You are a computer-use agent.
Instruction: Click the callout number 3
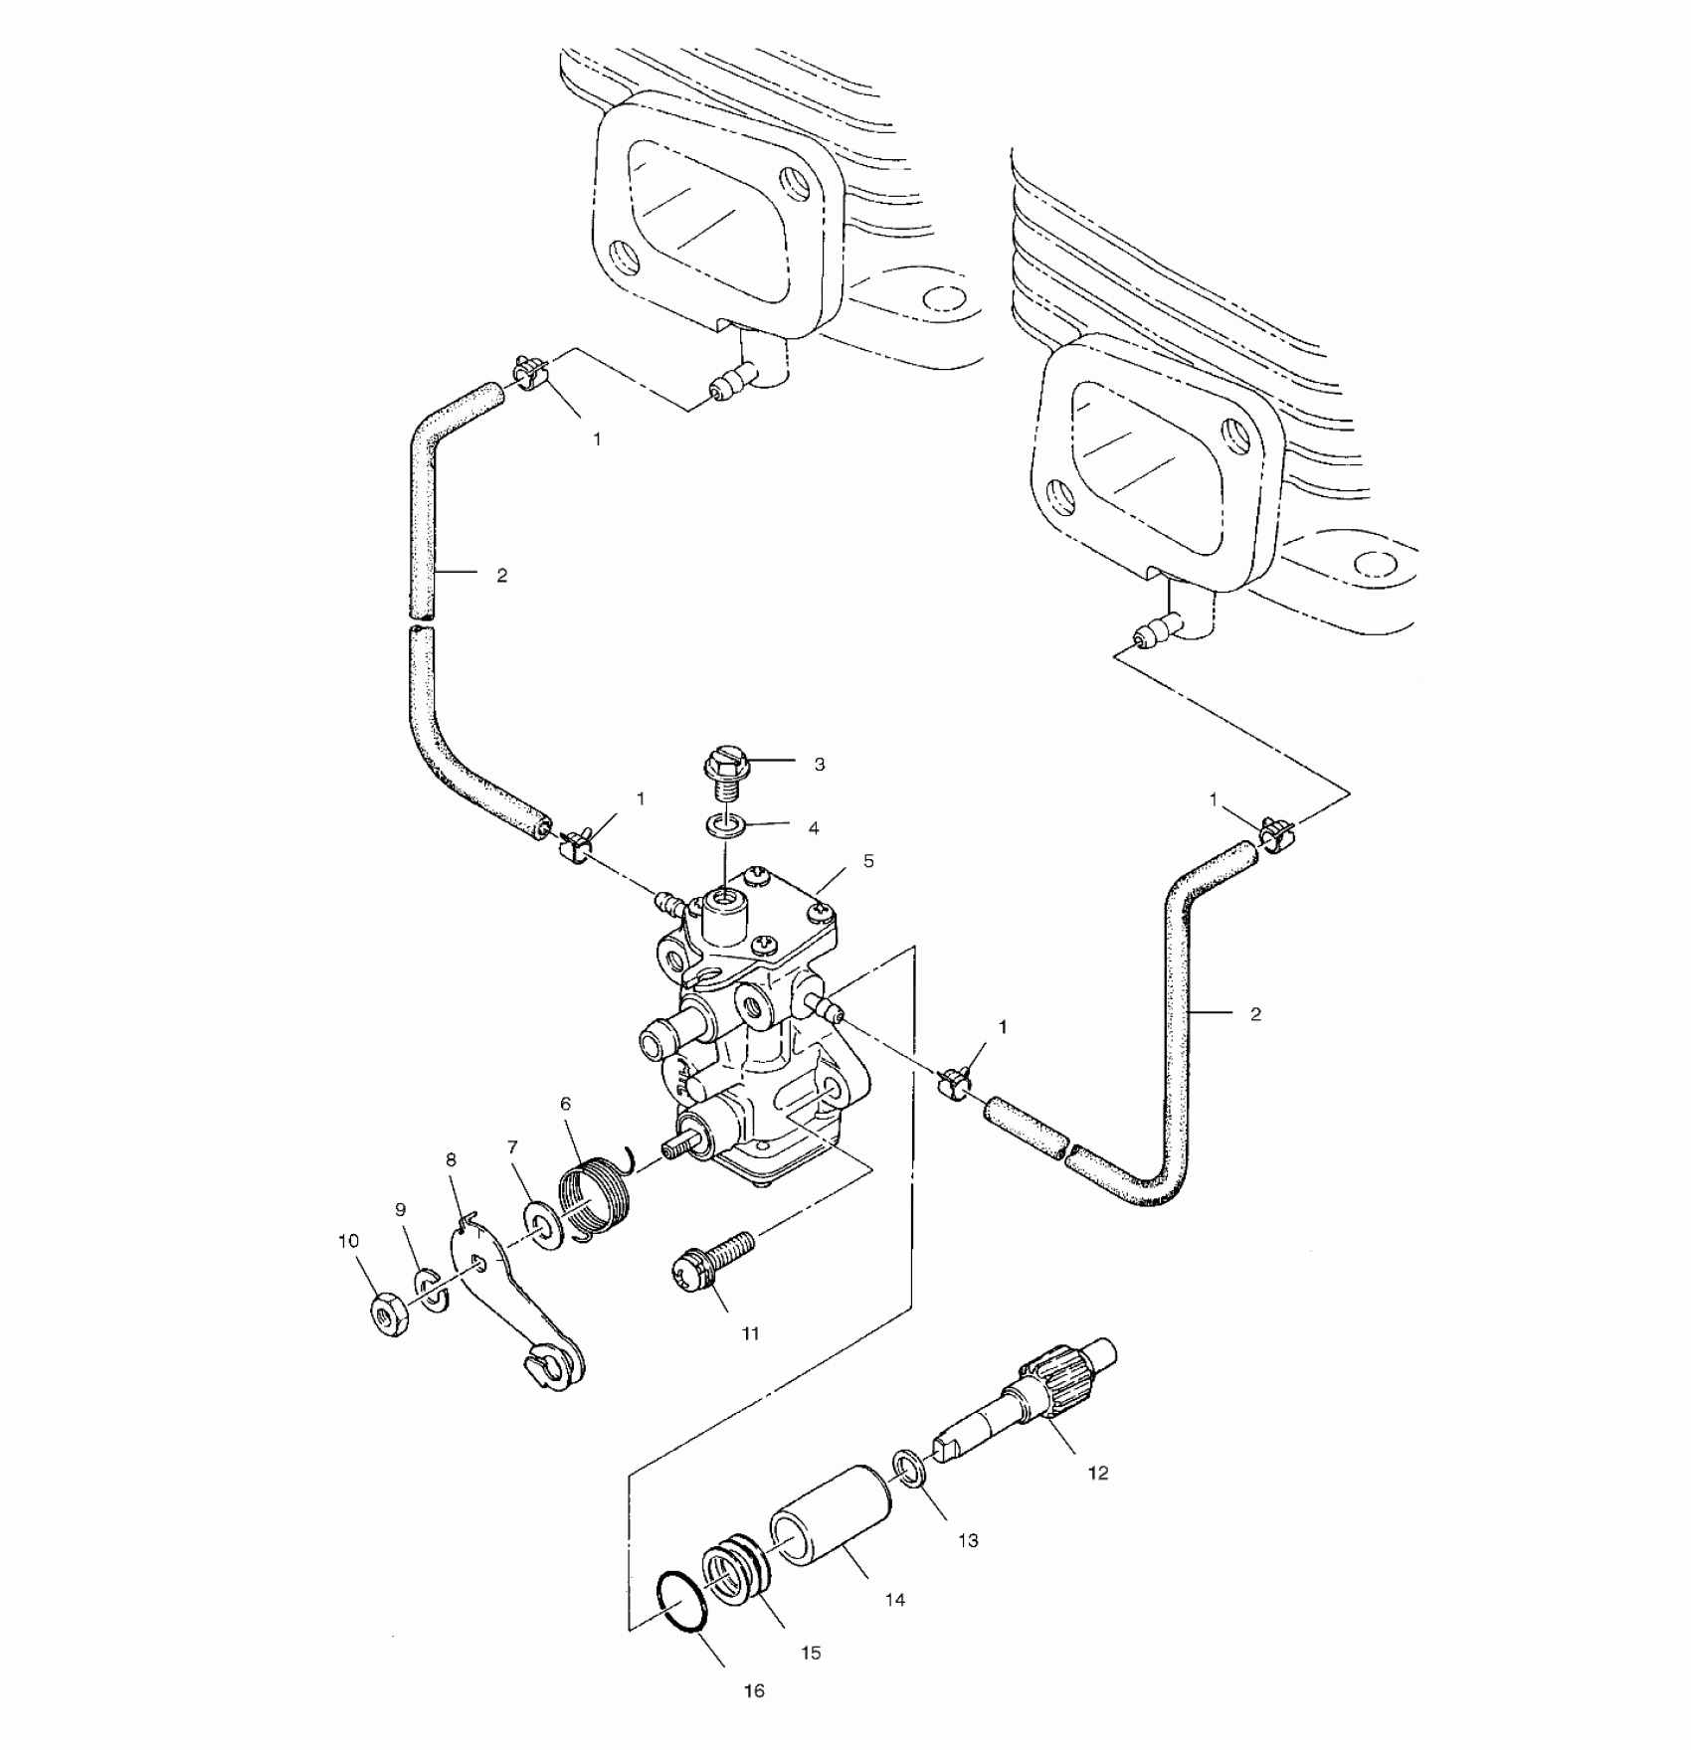pyautogui.click(x=819, y=765)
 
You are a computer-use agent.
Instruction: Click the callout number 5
pyautogui.click(x=868, y=861)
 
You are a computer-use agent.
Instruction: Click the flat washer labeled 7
pyautogui.click(x=543, y=1227)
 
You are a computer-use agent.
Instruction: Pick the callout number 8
pyautogui.click(x=451, y=1159)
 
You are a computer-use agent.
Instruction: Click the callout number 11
pyautogui.click(x=750, y=1334)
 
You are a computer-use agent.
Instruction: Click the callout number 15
pyautogui.click(x=811, y=1653)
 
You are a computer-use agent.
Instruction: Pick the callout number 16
pyautogui.click(x=754, y=1691)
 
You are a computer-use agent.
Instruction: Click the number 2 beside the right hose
pyautogui.click(x=1255, y=1014)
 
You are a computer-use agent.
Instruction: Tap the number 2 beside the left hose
pyautogui.click(x=501, y=575)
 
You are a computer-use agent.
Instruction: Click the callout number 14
pyautogui.click(x=895, y=1600)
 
